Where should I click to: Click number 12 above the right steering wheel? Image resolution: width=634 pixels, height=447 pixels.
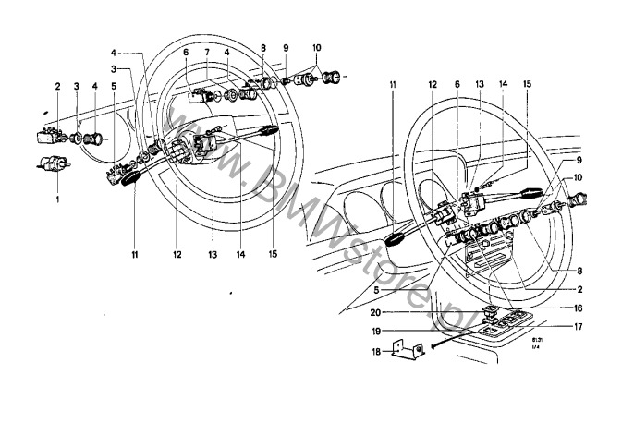(x=432, y=86)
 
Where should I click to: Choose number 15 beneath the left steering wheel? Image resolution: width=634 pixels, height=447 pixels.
(x=274, y=252)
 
